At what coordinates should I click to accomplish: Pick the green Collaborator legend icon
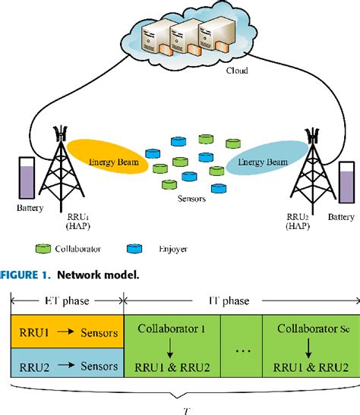point(43,247)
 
